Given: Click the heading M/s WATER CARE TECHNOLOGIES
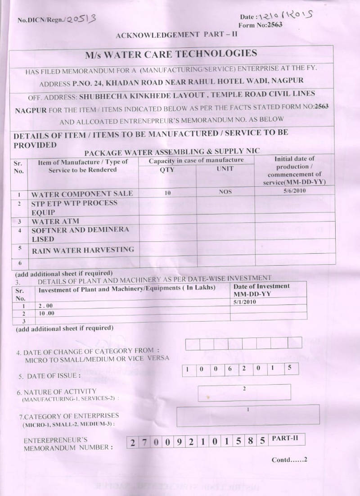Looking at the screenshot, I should tap(171, 54).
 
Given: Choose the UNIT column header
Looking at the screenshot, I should tap(225, 168).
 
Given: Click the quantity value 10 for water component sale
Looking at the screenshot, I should tap(167, 193).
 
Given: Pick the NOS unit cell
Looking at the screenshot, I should tap(225, 192).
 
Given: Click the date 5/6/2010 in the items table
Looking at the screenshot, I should tap(295, 191).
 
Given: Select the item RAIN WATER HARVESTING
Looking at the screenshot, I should tap(83, 250).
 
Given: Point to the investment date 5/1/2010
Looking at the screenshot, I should tap(245, 302).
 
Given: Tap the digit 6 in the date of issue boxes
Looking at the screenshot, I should tap(229, 369).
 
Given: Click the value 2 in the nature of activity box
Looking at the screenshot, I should tap(243, 388).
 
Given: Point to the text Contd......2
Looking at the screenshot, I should tap(289, 460).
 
